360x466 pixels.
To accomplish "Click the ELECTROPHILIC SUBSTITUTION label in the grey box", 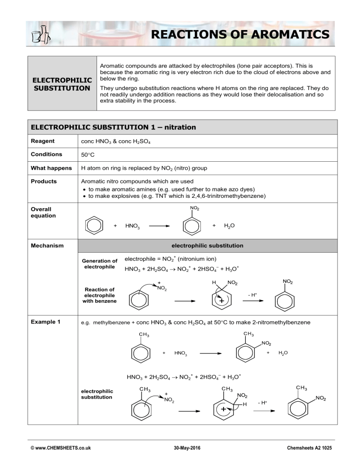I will point(62,83).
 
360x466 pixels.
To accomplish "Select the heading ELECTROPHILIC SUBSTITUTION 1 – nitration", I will point(113,127).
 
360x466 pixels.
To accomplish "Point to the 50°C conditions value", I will point(84,154).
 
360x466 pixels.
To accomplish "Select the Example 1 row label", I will point(45,322).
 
